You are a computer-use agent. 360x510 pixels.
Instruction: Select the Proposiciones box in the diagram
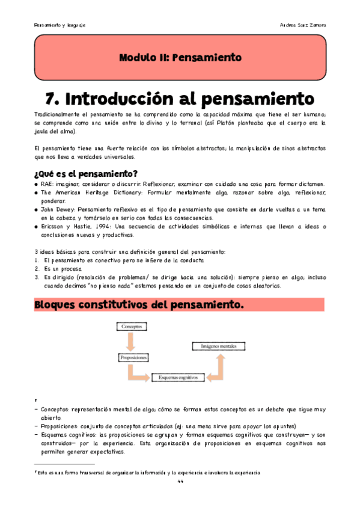133,357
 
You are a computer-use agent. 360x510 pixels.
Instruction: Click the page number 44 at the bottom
180,482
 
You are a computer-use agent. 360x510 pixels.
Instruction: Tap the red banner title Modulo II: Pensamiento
180,58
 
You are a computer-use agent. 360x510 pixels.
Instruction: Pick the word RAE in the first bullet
47,184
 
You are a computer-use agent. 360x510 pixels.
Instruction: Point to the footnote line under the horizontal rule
147,472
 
